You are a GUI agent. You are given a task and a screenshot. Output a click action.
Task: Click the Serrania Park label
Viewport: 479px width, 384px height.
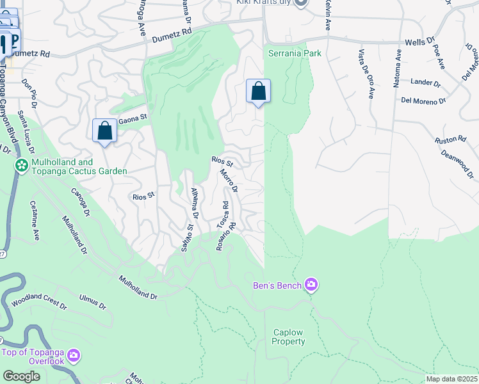295,53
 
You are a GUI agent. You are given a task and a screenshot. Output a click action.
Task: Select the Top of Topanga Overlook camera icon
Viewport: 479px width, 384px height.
74,355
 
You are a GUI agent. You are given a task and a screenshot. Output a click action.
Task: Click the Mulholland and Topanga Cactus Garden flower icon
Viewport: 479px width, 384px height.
22,166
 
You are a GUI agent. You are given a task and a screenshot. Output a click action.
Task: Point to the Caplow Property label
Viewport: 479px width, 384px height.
288,337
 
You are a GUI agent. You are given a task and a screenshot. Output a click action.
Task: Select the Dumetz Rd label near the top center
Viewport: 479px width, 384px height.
172,35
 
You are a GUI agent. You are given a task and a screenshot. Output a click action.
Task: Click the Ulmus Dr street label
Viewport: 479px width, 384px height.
92,301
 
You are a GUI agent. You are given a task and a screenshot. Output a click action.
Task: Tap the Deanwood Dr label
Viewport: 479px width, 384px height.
456,163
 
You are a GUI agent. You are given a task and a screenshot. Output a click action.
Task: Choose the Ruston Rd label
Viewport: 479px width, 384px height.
450,139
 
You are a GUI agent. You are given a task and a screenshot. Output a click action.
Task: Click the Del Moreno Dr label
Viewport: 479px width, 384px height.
423,101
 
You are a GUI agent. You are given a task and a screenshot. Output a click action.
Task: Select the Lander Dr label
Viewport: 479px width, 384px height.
426,83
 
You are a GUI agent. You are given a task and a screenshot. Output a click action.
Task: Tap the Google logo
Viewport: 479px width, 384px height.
20,376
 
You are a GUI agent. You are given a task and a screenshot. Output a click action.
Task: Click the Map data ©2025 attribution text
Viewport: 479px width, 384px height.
451,379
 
